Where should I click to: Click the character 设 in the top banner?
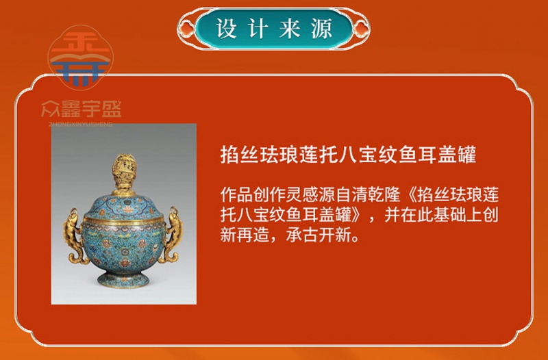[227, 28]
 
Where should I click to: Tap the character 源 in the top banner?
[321, 28]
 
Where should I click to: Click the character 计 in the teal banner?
[258, 28]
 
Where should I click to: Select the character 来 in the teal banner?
[290, 28]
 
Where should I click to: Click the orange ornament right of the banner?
[361, 29]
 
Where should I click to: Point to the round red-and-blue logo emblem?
[80, 57]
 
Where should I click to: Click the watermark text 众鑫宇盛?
[82, 110]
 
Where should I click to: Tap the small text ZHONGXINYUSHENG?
[81, 124]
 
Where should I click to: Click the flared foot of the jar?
[123, 279]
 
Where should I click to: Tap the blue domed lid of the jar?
[123, 207]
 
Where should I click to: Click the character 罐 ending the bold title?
[466, 155]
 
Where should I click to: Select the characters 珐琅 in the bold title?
[279, 155]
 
